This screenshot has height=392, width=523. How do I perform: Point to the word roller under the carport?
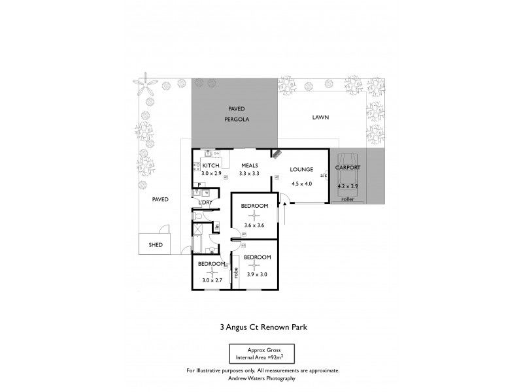click(347, 199)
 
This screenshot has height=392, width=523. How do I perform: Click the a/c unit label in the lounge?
click(323, 176)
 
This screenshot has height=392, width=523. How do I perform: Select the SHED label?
click(156, 246)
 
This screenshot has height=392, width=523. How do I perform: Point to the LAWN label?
click(320, 118)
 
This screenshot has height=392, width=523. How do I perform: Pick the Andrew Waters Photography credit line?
click(263, 378)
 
